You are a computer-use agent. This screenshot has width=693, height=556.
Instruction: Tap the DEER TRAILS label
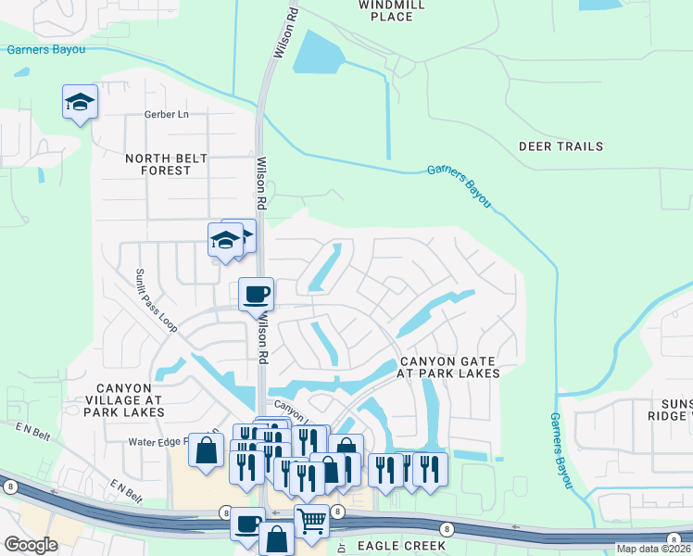(561, 146)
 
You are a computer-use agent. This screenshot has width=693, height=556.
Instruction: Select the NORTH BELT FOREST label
(157, 164)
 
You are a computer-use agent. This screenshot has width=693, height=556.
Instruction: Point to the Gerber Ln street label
(166, 114)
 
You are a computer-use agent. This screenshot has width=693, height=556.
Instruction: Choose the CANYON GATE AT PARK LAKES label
(448, 367)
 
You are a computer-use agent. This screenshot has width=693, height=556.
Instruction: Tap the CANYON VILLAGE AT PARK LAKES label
(129, 398)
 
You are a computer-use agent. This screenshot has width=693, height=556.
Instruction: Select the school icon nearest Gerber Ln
(80, 101)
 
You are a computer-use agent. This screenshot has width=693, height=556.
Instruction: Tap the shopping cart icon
(311, 522)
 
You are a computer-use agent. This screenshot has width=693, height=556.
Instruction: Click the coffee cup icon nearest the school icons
(257, 294)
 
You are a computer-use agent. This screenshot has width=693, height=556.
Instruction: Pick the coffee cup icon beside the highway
(247, 524)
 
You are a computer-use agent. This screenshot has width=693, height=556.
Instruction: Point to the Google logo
(31, 544)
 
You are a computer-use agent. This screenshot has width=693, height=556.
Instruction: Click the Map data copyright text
(654, 550)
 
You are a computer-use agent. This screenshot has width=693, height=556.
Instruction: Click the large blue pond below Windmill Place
(324, 54)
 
